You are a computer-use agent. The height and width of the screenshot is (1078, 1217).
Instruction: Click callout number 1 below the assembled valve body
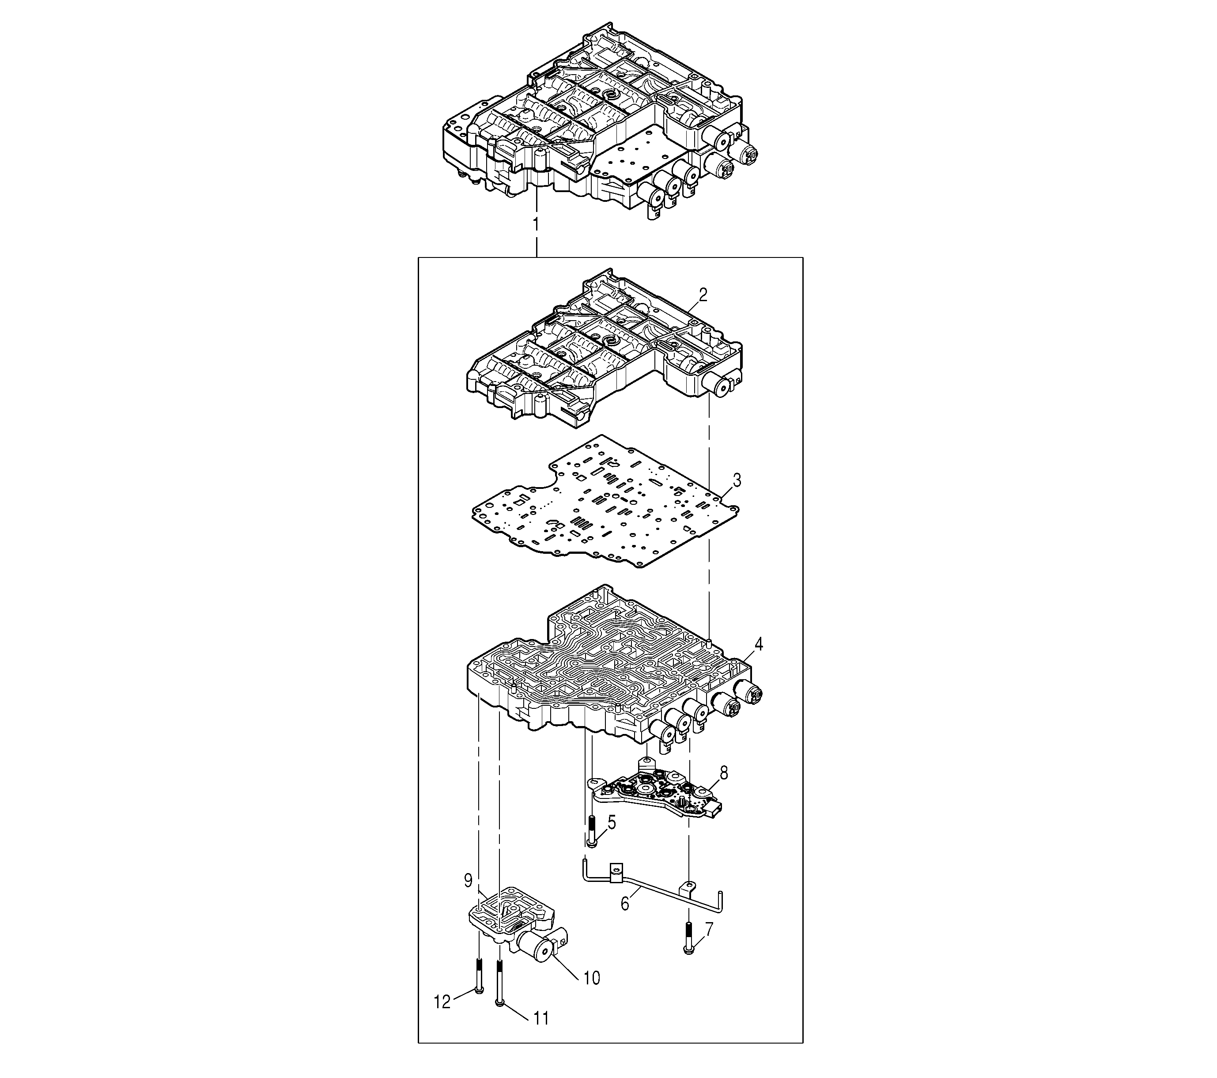coord(536,226)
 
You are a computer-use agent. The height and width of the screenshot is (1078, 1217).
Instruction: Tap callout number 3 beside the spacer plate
coord(737,480)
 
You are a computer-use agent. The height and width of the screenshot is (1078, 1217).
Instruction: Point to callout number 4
coord(759,644)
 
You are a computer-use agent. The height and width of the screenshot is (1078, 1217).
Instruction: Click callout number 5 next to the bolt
coord(612,823)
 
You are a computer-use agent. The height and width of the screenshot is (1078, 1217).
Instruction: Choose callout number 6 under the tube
coord(624,904)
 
